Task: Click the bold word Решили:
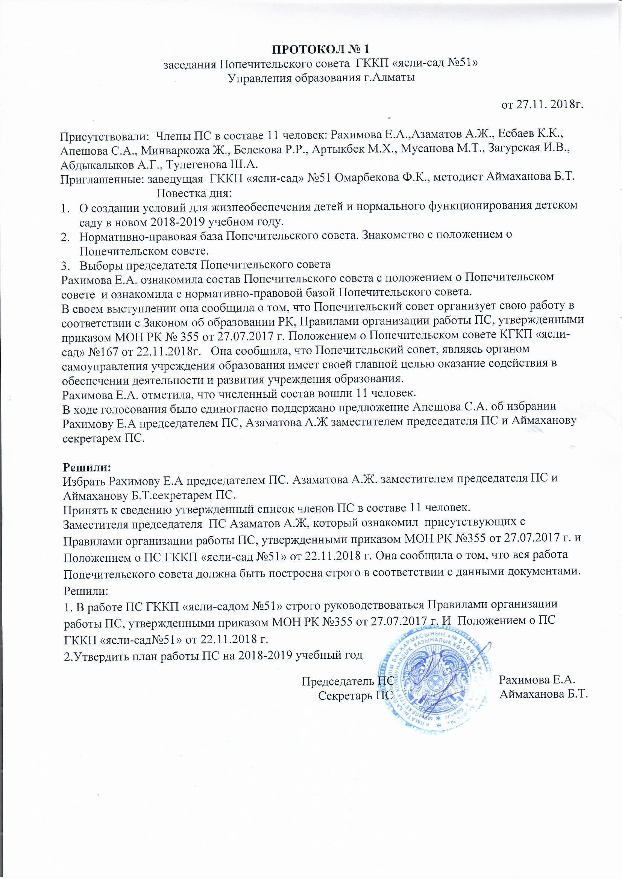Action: coord(86,467)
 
